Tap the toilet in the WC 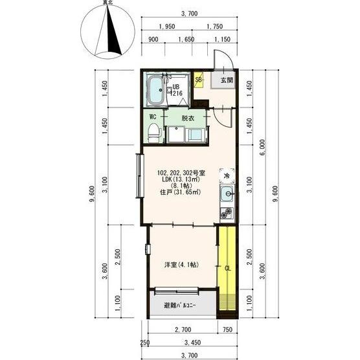(154, 133)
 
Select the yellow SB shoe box (198, 80)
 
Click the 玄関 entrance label (227, 80)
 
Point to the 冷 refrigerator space (227, 176)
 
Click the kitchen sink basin (227, 194)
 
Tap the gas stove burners (227, 213)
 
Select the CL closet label (227, 269)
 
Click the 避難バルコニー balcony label (180, 306)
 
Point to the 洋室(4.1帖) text (181, 265)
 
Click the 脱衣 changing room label (188, 118)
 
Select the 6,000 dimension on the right (262, 148)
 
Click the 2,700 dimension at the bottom (183, 330)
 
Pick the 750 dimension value (227, 330)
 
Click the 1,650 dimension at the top (186, 39)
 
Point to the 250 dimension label (145, 343)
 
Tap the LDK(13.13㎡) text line (181, 179)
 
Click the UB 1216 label (177, 90)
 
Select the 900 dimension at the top (153, 39)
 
